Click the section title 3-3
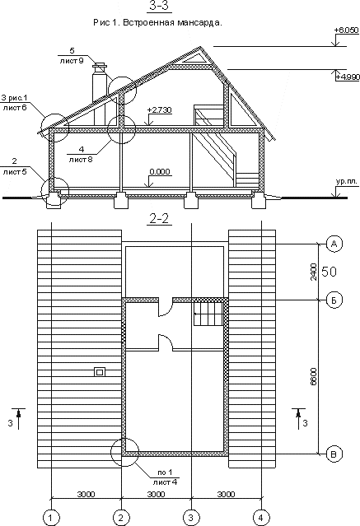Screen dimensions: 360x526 (159, 6)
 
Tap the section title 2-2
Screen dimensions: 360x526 (159, 219)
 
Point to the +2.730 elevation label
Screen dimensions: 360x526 (159, 110)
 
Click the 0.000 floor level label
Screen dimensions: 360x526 (160, 172)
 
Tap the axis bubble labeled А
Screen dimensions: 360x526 (334, 244)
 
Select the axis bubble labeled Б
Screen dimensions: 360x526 (334, 300)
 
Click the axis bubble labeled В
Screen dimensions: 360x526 (334, 454)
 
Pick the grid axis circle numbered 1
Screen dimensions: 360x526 (51, 518)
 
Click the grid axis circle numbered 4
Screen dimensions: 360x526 (261, 518)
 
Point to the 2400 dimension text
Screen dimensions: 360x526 (313, 272)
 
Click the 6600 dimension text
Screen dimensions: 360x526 (313, 376)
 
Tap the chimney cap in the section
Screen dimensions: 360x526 (100, 66)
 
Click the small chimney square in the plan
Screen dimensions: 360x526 (100, 372)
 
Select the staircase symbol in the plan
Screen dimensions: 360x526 (208, 314)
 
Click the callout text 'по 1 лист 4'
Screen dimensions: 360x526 (165, 477)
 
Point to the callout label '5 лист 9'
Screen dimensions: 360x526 (72, 56)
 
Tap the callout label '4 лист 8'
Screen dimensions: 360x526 (81, 154)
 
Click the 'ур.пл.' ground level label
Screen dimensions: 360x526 (347, 182)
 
